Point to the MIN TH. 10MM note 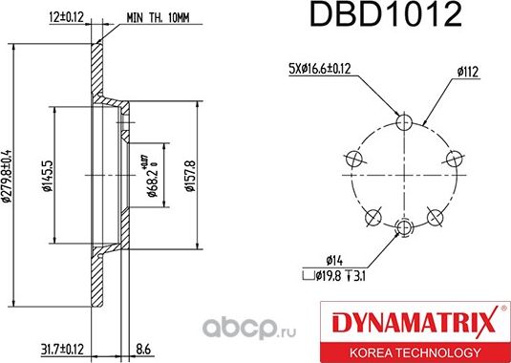[160, 16]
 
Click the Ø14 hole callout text [334, 258]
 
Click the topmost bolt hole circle [405, 122]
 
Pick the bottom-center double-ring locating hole [405, 226]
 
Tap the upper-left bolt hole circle [355, 158]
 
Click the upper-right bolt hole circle [455, 158]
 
